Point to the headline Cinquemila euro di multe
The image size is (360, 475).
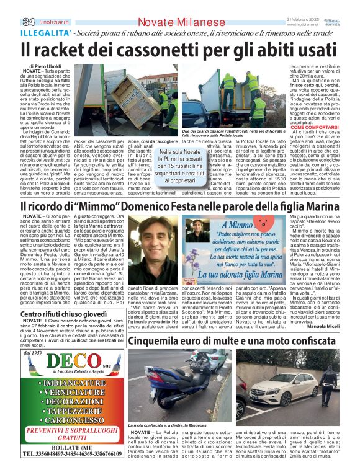[211, 340]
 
